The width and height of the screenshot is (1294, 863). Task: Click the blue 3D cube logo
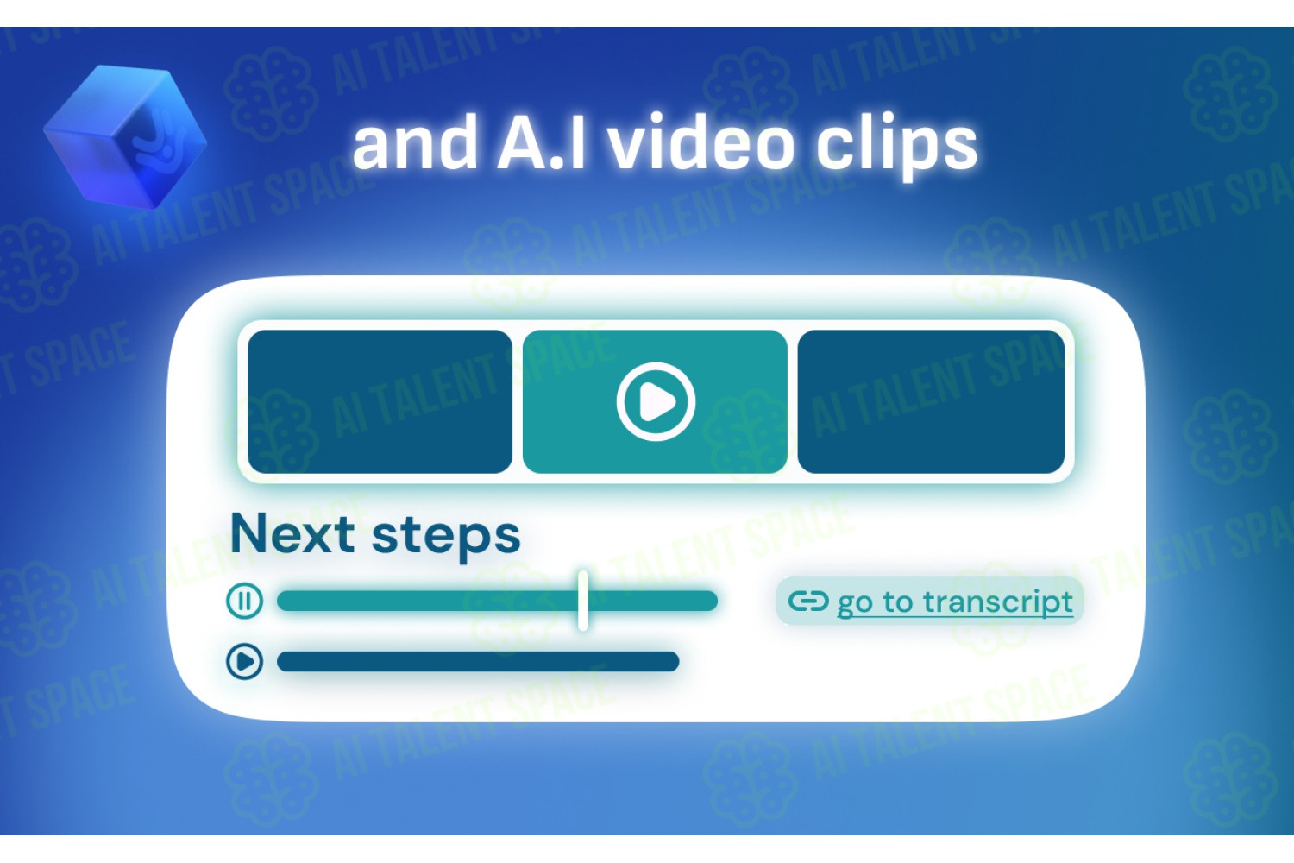(125, 137)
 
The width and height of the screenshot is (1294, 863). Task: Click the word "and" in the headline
(415, 142)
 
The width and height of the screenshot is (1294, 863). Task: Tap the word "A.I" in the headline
(542, 142)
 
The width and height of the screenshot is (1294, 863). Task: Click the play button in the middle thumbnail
(656, 402)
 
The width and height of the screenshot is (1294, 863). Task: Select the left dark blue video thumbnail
(380, 402)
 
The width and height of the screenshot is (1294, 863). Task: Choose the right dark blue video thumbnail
(931, 402)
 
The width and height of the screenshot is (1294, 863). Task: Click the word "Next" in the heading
(292, 533)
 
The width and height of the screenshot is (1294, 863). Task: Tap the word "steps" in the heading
(446, 538)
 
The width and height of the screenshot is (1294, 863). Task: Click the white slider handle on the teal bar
(583, 601)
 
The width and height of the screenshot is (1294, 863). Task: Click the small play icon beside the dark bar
(245, 661)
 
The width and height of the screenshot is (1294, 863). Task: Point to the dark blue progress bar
(478, 661)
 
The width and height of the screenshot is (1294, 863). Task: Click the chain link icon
(809, 602)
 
